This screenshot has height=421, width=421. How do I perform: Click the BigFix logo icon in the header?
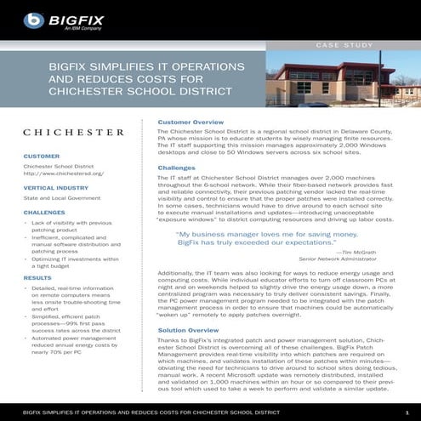pos(33,19)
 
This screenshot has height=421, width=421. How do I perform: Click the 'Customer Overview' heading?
pos(191,123)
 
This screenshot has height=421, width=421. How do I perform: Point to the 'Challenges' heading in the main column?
pos(176,168)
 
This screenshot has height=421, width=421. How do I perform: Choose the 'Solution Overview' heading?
pos(188,329)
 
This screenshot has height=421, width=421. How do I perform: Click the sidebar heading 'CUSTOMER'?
pos(41,157)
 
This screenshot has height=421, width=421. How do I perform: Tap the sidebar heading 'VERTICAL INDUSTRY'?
pos(56,187)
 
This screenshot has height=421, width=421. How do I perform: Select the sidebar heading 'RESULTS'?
pos(37,278)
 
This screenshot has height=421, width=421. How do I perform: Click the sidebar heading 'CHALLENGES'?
pos(44,212)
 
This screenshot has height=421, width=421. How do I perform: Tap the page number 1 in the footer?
pos(407,411)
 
